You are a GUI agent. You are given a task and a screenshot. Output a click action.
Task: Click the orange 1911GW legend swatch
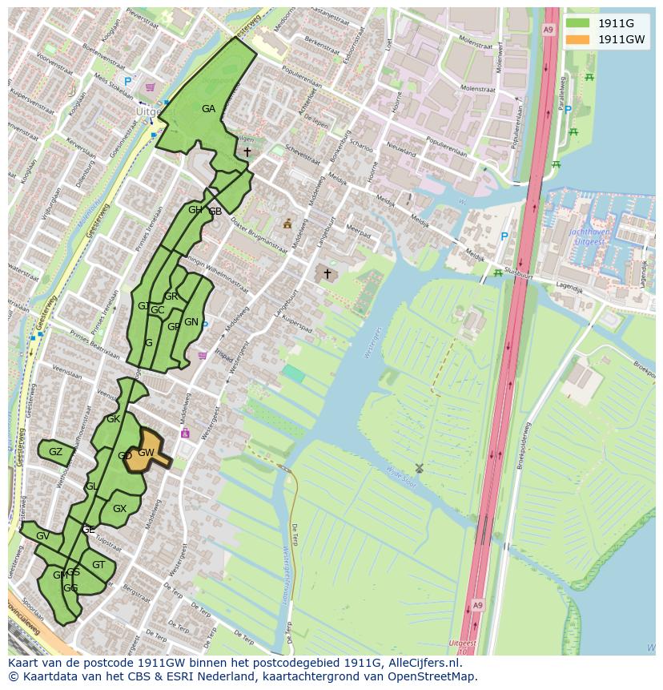[577, 39]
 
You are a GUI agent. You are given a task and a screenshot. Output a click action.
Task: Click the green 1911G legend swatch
[577, 23]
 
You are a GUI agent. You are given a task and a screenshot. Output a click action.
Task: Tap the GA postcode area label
[208, 109]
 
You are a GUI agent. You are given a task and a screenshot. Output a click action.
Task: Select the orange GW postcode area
[147, 453]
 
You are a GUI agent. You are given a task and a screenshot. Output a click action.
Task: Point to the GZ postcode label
[55, 452]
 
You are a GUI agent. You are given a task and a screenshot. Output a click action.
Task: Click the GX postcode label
[119, 509]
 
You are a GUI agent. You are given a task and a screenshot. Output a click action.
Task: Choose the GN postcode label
[191, 322]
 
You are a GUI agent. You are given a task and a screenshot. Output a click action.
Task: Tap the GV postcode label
[42, 536]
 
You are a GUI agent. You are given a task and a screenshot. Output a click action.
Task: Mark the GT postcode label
[98, 565]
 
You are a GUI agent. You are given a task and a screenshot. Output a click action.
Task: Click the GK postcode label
[113, 419]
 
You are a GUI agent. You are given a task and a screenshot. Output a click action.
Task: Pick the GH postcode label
[195, 211]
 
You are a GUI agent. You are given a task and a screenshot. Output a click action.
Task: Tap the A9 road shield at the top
[548, 30]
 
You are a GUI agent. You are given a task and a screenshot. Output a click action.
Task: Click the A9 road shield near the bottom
[477, 605]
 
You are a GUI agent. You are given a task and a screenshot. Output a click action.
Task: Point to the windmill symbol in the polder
[419, 468]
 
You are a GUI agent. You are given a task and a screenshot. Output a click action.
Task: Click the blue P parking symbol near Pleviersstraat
[127, 82]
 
